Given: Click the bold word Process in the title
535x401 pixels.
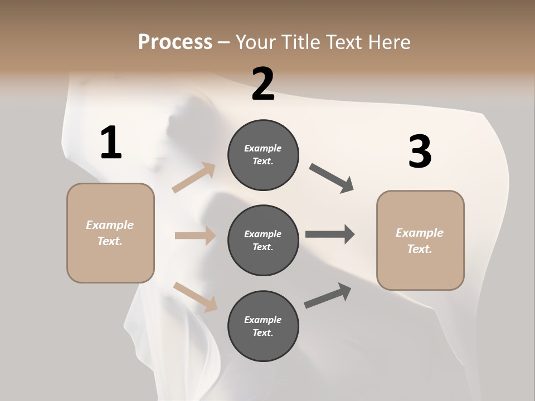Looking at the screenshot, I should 175,42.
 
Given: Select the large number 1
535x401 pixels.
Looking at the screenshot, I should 110,143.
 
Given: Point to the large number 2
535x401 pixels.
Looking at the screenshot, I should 263,84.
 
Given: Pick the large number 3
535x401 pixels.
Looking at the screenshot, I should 420,151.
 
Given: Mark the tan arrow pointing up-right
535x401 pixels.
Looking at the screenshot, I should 194,178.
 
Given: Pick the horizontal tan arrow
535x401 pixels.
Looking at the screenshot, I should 195,236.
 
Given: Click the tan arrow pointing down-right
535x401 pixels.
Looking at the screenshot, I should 195,297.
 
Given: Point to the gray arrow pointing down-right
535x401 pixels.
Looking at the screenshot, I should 332,178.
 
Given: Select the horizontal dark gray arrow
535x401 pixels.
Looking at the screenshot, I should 330,234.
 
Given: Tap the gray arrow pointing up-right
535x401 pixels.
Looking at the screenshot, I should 328,296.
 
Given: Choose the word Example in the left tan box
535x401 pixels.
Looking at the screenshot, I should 110,225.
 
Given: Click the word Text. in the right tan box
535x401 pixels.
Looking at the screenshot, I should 420,249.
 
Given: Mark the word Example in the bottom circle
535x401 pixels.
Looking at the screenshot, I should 263,320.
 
